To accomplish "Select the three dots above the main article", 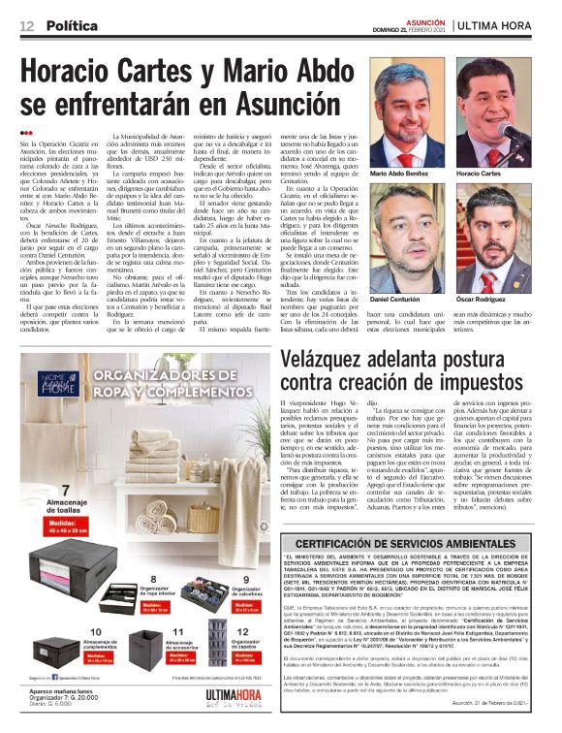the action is coord(27,132).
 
